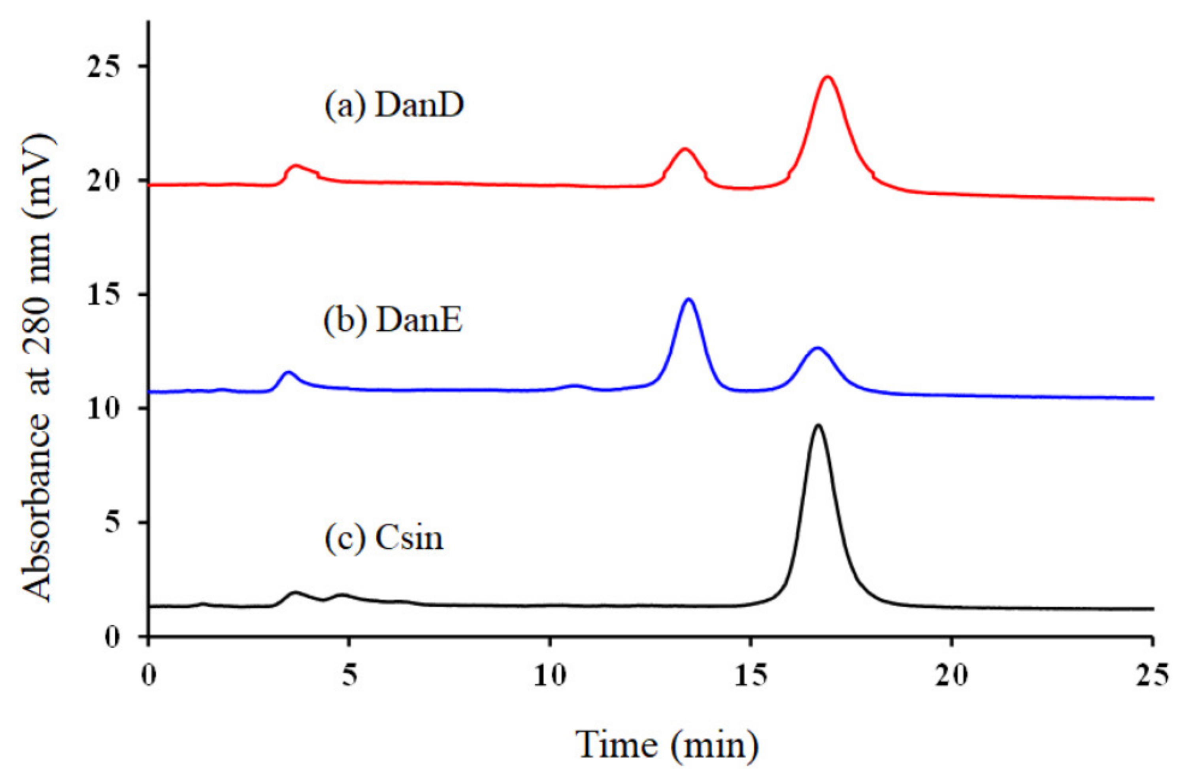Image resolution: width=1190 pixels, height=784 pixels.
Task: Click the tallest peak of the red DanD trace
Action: point(828,77)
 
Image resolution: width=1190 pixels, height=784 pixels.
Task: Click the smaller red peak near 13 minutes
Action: point(685,149)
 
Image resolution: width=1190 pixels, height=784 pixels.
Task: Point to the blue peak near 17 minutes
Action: point(818,348)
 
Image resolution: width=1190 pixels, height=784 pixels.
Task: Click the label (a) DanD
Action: point(394,106)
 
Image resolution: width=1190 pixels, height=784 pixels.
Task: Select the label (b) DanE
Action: point(393,320)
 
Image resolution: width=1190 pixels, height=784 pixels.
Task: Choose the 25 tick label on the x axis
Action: point(1152,676)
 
